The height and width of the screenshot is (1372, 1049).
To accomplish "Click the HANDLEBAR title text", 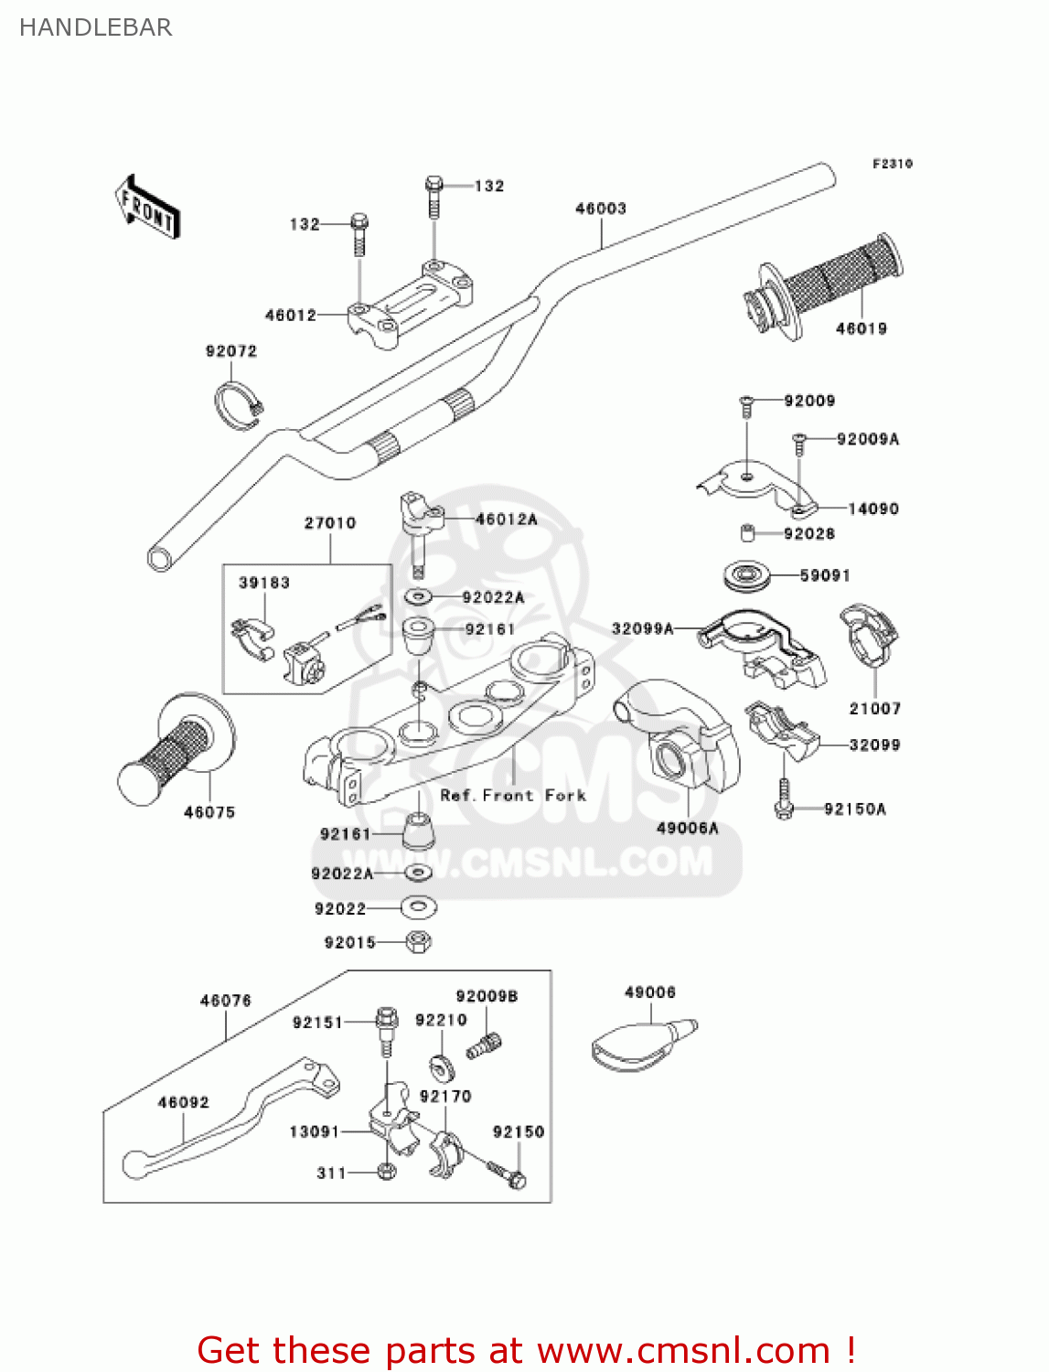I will point(95,27).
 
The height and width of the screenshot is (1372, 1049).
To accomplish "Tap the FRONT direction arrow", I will point(147,208).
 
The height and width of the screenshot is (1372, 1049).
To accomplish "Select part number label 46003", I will point(600,209).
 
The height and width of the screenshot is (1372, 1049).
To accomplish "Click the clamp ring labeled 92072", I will point(237,402).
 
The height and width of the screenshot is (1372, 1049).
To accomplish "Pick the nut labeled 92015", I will point(418,941).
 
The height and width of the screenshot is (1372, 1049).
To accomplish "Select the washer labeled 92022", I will point(419,907).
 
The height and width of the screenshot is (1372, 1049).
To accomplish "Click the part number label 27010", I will point(330,523).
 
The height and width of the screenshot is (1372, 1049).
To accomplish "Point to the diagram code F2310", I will point(892,164).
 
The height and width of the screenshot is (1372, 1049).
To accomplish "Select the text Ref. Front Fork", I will point(513,795).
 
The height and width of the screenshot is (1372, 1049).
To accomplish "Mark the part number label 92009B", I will point(487,996).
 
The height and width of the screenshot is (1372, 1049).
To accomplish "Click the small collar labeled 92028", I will point(747,533).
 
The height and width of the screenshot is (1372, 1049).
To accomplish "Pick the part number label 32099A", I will point(642,628).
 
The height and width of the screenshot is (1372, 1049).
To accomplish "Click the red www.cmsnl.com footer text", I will point(526,1350).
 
